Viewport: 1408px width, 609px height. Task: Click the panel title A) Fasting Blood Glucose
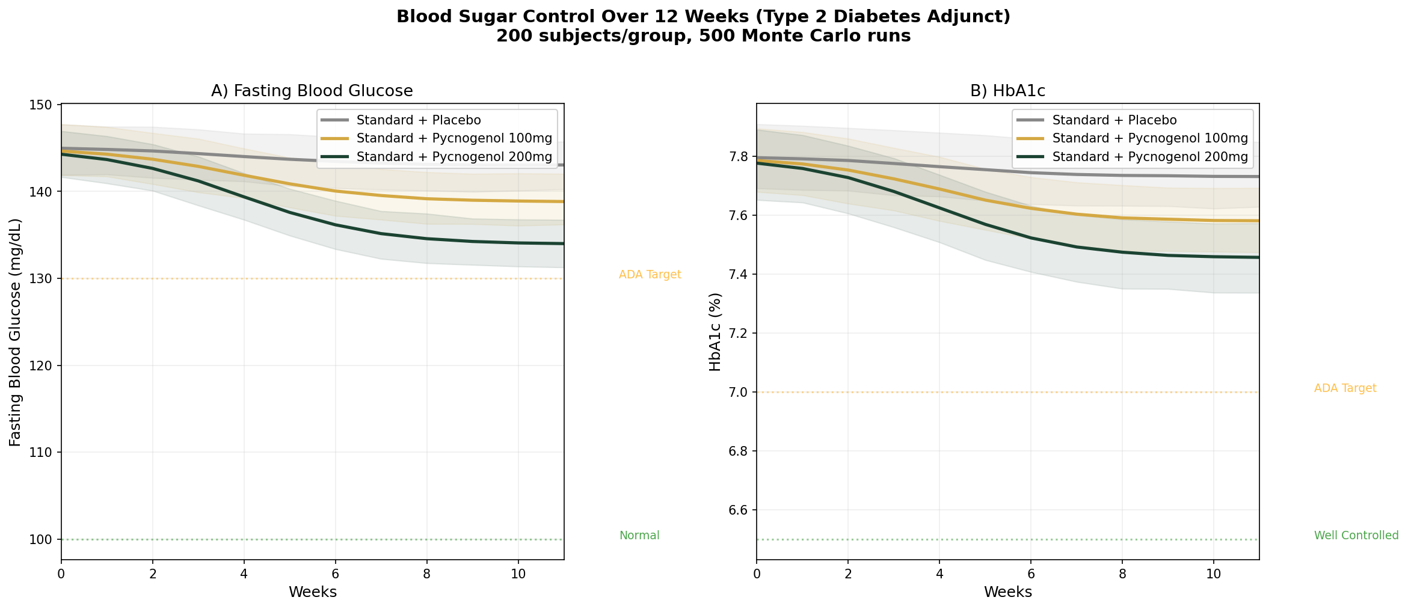coord(312,91)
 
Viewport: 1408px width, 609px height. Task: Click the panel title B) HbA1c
coord(1007,91)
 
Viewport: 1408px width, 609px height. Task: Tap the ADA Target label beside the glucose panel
coord(650,275)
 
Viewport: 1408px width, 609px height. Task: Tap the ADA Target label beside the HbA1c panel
coord(1345,388)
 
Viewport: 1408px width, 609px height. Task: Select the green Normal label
coord(639,536)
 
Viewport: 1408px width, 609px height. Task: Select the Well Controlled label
coord(1356,536)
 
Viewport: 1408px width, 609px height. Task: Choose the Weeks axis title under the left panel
coord(312,592)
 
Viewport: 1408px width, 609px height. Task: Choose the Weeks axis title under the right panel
coord(1007,592)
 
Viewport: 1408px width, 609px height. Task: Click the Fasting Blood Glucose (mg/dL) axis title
coord(16,332)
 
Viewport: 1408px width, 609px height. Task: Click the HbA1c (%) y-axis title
coord(715,332)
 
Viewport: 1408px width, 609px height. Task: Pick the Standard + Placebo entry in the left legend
coord(418,120)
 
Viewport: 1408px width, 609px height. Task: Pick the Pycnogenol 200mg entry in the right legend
coord(1149,157)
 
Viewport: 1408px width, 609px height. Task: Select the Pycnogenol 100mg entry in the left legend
coord(454,138)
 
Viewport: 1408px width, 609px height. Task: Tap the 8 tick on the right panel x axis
coord(1122,574)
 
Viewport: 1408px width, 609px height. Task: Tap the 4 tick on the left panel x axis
coord(244,574)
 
